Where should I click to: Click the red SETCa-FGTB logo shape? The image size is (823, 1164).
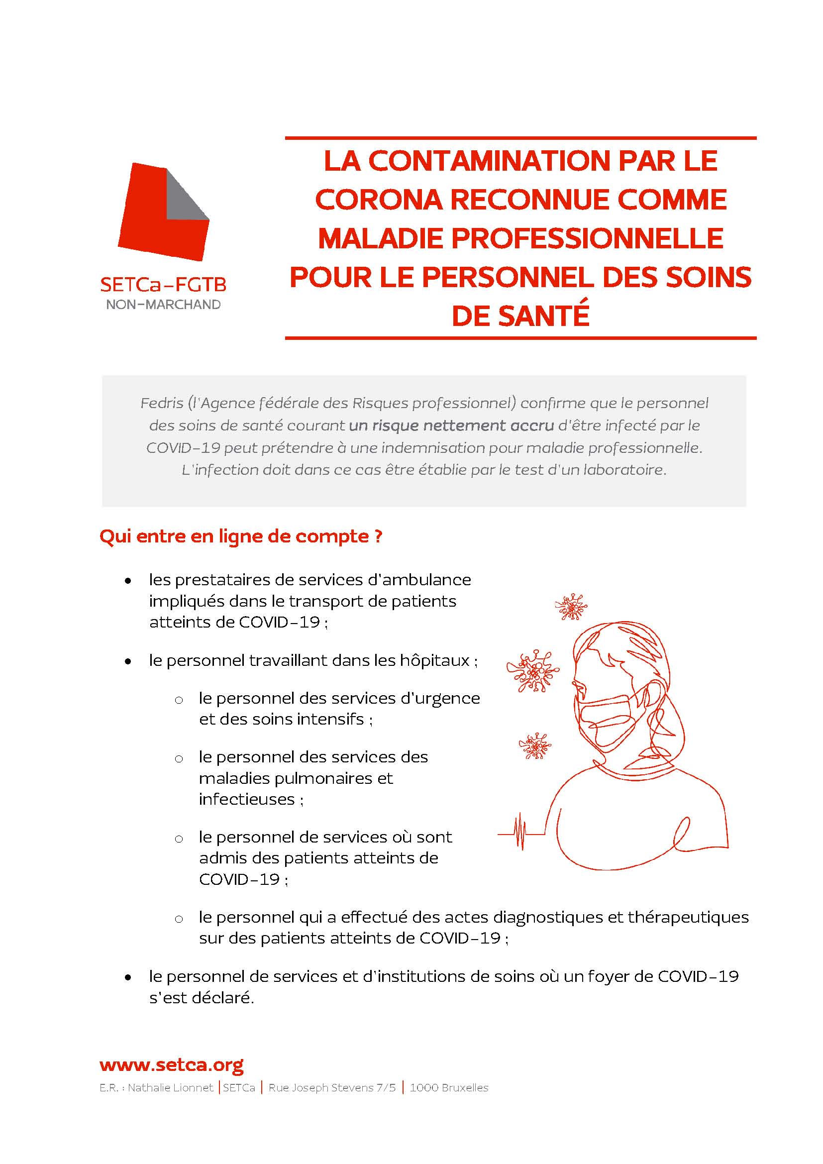tap(152, 223)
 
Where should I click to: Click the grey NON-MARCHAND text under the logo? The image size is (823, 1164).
tap(163, 305)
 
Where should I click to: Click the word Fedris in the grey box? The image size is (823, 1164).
tap(162, 403)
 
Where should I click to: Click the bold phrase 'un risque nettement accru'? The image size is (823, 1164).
tap(451, 425)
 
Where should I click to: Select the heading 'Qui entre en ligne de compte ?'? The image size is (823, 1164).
tap(241, 536)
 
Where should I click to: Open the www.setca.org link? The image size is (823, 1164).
tap(171, 1064)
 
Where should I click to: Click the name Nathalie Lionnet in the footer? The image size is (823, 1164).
tap(170, 1088)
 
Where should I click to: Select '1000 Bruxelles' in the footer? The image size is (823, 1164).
tap(448, 1088)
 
